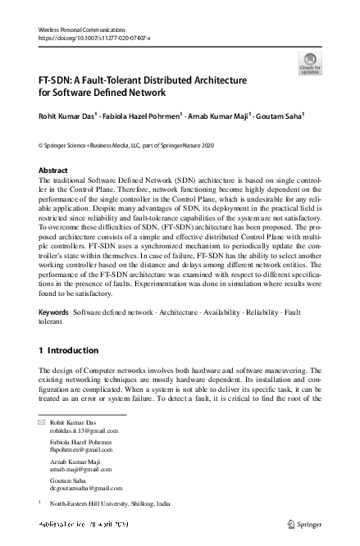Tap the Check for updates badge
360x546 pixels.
click(310, 63)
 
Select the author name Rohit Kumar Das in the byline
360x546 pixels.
click(66, 116)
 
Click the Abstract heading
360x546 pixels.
click(54, 171)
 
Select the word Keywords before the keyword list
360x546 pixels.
click(54, 314)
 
